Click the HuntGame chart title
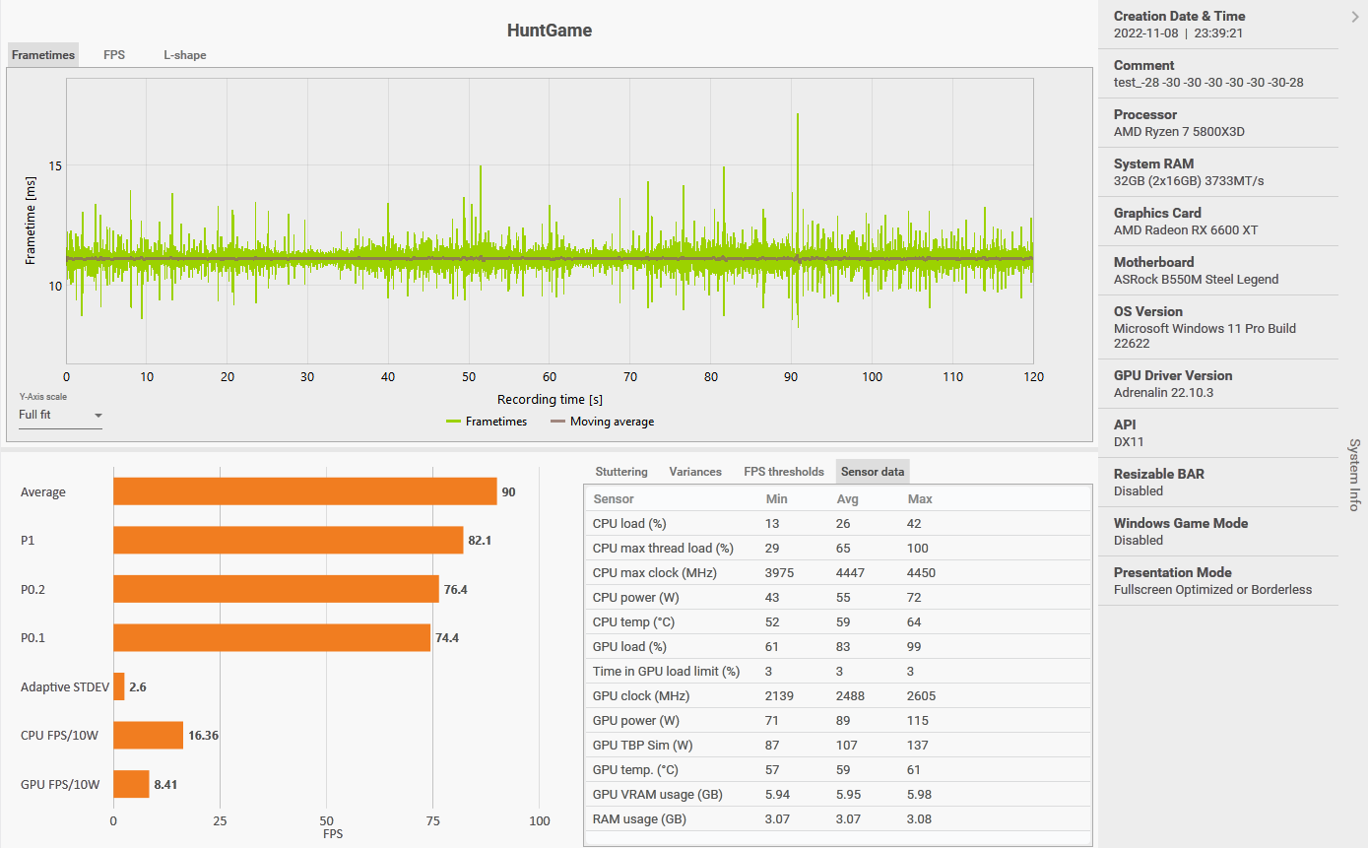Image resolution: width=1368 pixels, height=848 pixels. [x=549, y=31]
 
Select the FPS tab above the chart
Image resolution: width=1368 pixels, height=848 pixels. [x=114, y=55]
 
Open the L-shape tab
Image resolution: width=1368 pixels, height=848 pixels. [x=185, y=55]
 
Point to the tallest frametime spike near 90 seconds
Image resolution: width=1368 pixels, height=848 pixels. [x=797, y=116]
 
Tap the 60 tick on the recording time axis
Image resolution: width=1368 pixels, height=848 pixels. [x=550, y=376]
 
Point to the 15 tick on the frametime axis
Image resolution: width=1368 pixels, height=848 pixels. [x=55, y=165]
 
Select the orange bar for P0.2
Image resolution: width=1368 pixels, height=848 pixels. [x=276, y=589]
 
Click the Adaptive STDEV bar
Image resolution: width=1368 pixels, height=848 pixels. [x=119, y=686]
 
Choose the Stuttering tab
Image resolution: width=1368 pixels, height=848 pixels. [x=621, y=472]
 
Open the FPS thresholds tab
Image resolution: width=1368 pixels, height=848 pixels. [x=784, y=472]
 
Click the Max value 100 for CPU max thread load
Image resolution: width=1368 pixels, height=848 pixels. [x=919, y=548]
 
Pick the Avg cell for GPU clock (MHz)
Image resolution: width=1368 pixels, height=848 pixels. [x=850, y=695]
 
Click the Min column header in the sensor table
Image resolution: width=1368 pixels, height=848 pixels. [x=776, y=498]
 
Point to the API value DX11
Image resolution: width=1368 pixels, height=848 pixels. [x=1129, y=442]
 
